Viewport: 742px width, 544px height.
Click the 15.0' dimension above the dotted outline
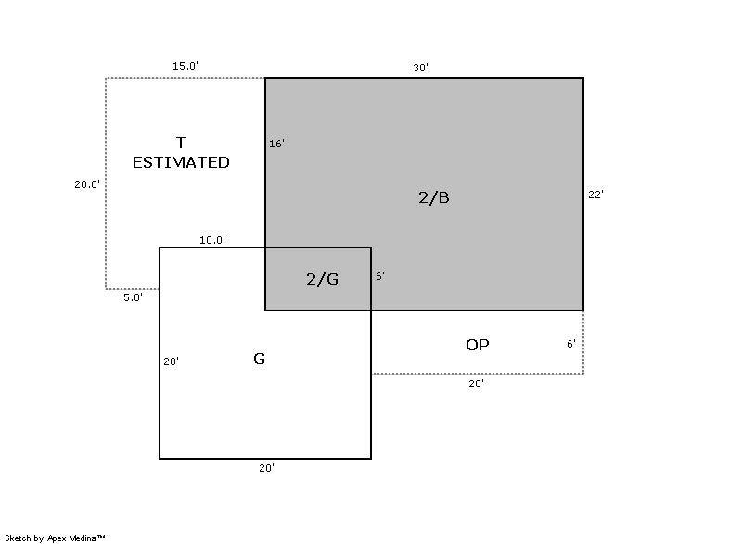185,66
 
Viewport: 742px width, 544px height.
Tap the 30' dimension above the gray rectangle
421,68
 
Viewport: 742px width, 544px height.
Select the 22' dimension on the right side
595,195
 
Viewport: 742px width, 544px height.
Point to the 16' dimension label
276,144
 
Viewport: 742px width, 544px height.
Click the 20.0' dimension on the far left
87,184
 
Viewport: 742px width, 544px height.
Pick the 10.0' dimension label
212,240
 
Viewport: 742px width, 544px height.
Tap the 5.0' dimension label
133,297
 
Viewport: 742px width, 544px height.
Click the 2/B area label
434,197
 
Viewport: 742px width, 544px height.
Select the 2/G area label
322,279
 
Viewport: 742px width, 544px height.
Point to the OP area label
478,345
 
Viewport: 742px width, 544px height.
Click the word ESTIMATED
181,162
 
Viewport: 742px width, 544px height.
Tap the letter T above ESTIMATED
181,143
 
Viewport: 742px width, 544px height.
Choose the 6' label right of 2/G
380,276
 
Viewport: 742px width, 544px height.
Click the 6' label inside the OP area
571,344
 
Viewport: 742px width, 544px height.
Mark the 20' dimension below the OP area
477,384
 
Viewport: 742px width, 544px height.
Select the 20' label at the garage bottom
267,467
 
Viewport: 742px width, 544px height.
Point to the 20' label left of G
172,361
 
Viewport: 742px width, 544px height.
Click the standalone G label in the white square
260,359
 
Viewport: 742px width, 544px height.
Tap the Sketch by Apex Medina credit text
55,538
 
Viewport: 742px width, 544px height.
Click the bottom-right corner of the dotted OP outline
583,374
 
